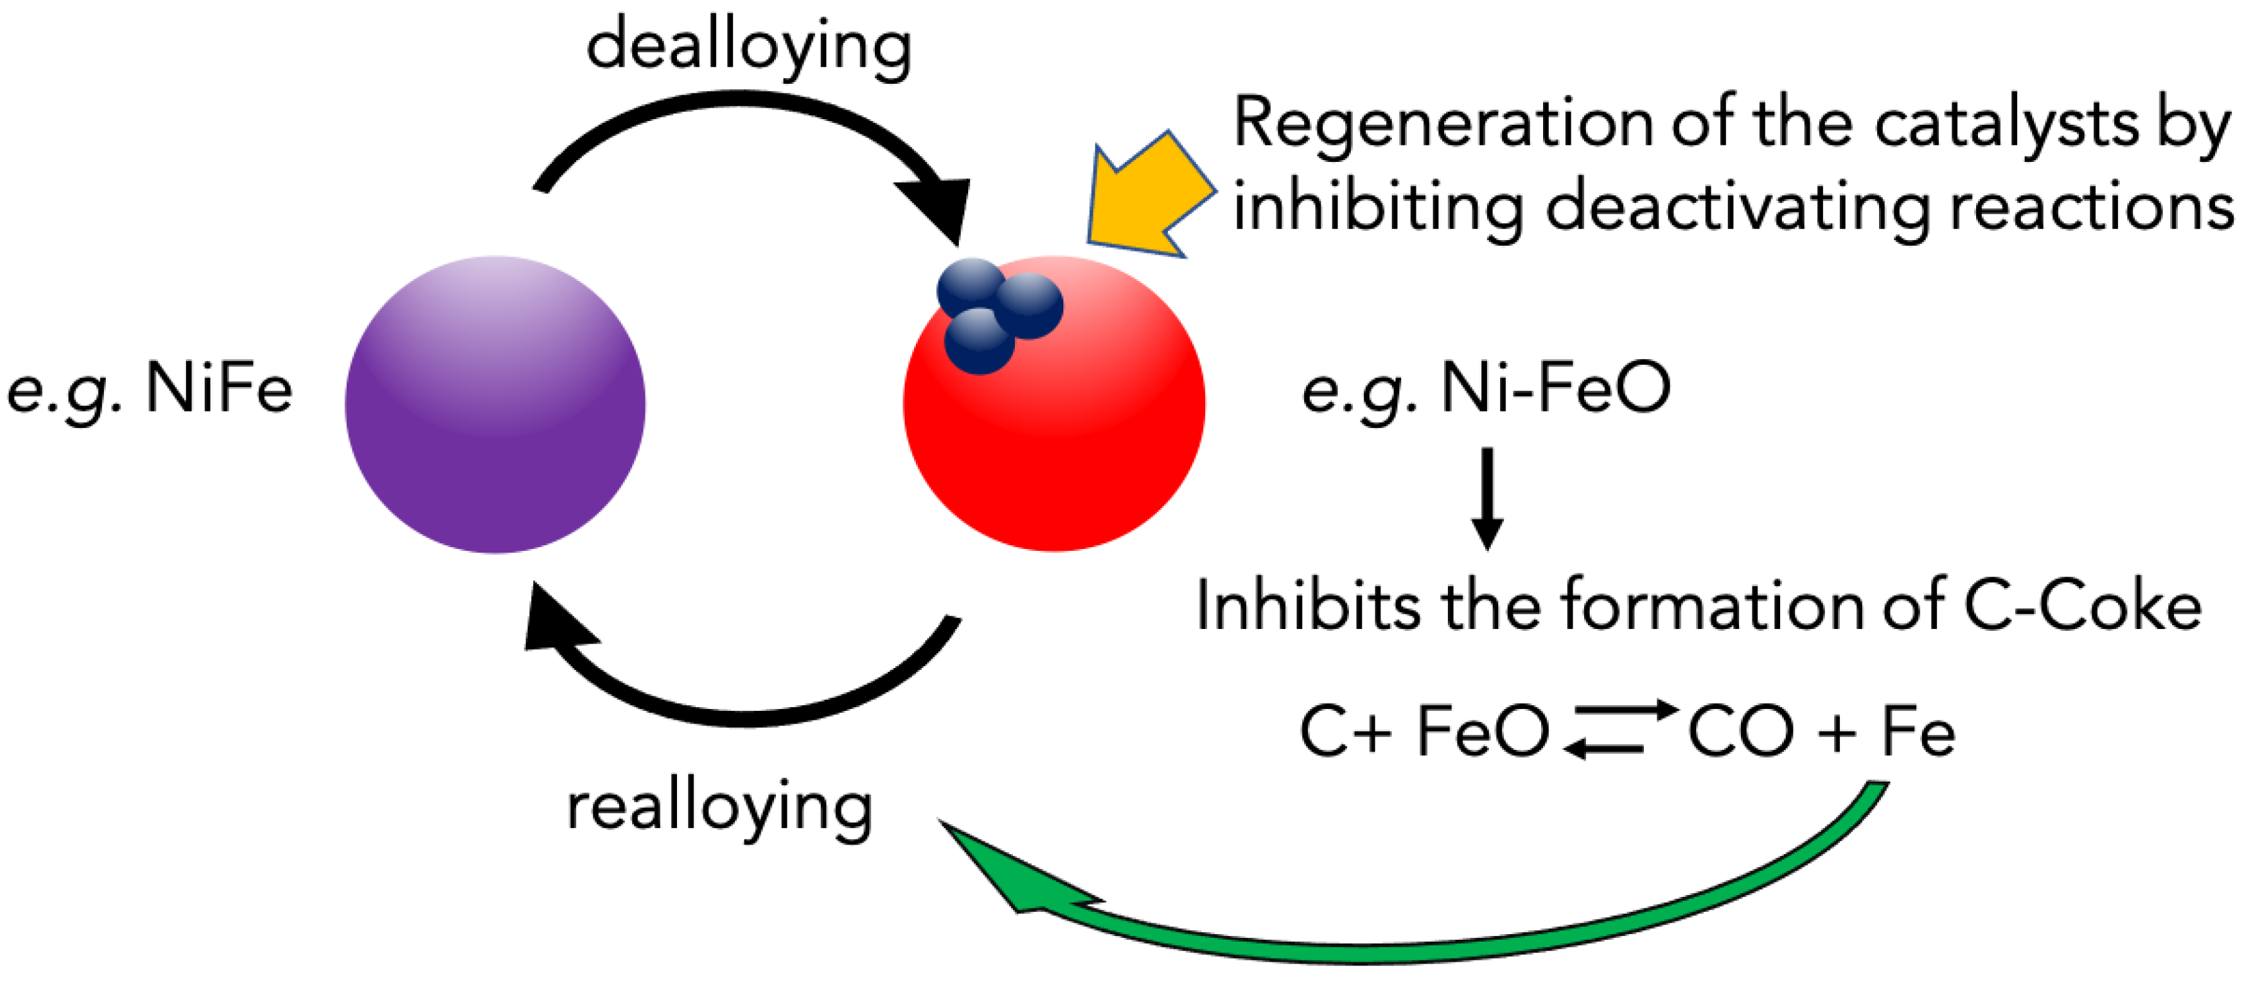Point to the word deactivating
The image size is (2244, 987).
(x=1738, y=209)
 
